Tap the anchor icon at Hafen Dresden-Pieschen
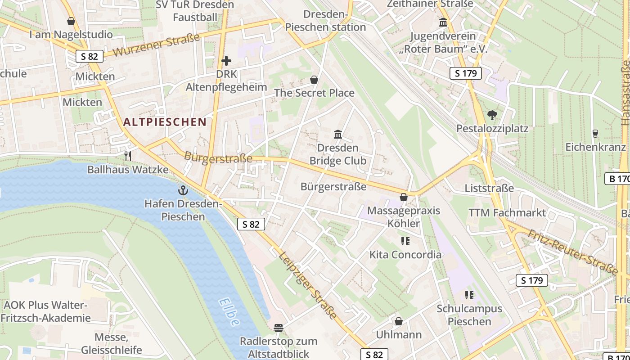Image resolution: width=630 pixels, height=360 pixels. tap(183, 190)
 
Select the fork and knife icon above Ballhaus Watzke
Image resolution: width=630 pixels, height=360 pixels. tap(128, 156)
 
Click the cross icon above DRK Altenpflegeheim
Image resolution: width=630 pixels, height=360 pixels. tap(226, 60)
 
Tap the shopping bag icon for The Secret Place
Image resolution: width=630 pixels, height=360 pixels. tap(314, 80)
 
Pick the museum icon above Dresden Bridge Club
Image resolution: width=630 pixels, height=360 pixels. tap(338, 134)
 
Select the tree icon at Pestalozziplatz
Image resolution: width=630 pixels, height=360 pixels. tap(492, 115)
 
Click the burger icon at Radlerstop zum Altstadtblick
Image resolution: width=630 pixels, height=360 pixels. tap(279, 328)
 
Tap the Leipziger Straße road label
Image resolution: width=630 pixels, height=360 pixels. tap(307, 285)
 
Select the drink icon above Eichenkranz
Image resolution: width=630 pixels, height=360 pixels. tap(595, 133)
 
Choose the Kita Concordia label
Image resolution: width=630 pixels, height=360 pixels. tap(405, 255)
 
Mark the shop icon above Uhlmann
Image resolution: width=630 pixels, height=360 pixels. tap(398, 321)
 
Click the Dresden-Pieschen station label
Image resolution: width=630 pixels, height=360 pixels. tap(326, 21)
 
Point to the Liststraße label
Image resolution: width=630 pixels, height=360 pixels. tap(489, 188)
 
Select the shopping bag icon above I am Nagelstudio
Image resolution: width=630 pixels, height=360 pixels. tap(71, 21)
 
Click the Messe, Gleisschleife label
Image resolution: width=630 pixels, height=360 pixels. tap(112, 343)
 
